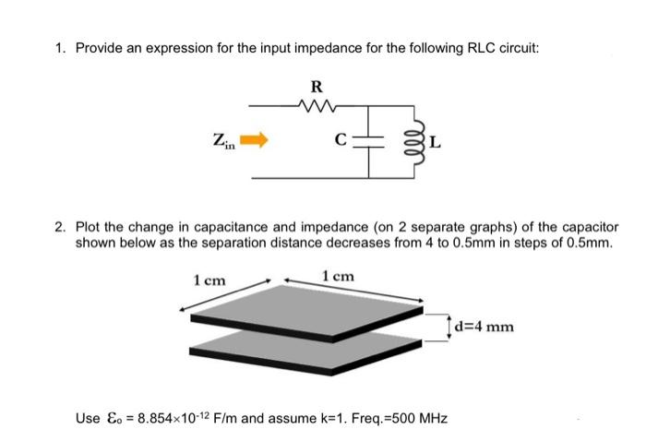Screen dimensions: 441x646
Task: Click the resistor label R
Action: pyautogui.click(x=317, y=87)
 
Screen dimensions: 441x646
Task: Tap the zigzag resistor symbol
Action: pyautogui.click(x=317, y=106)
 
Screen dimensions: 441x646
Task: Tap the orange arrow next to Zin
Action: pyautogui.click(x=254, y=141)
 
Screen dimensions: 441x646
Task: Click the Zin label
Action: pyautogui.click(x=223, y=141)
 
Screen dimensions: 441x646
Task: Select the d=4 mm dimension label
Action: pyautogui.click(x=483, y=325)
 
